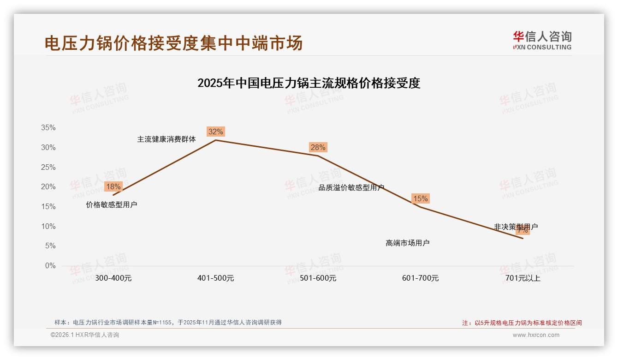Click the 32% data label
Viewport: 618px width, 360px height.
click(x=215, y=132)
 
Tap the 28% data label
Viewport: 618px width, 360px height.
click(x=318, y=148)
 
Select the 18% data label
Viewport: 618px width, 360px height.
click(x=113, y=187)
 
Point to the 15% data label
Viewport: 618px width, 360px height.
click(x=420, y=199)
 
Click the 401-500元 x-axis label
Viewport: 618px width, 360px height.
click(x=215, y=278)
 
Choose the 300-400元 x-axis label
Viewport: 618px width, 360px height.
click(x=113, y=278)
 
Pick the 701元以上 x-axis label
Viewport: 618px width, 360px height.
click(x=523, y=278)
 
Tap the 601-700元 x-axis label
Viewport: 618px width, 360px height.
click(x=420, y=278)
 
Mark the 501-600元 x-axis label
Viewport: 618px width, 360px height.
click(x=318, y=278)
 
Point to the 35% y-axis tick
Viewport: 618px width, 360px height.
click(x=48, y=128)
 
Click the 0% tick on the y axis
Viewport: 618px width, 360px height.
click(x=50, y=266)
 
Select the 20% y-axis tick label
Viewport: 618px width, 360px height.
click(x=48, y=187)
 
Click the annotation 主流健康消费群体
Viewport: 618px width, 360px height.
click(x=166, y=139)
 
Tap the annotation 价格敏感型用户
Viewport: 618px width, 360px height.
click(x=112, y=204)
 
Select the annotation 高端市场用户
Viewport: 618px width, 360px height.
click(x=407, y=243)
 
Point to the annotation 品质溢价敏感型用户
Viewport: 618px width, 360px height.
click(x=351, y=188)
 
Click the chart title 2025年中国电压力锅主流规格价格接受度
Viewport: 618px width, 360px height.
click(x=309, y=84)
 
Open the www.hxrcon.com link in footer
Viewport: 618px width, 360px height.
click(x=536, y=335)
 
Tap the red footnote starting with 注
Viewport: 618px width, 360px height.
click(x=522, y=323)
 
